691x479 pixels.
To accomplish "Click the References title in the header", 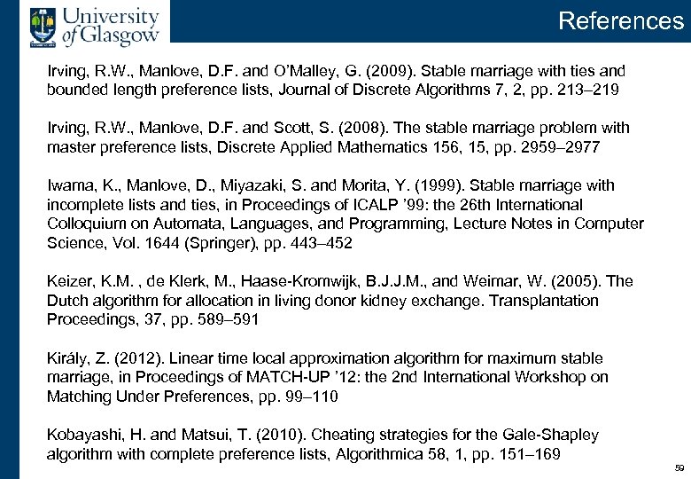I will coord(621,20).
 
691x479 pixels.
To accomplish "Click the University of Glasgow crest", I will coord(41,24).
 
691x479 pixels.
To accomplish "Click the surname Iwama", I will coord(69,185).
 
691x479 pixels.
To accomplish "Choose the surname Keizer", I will coord(69,281).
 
